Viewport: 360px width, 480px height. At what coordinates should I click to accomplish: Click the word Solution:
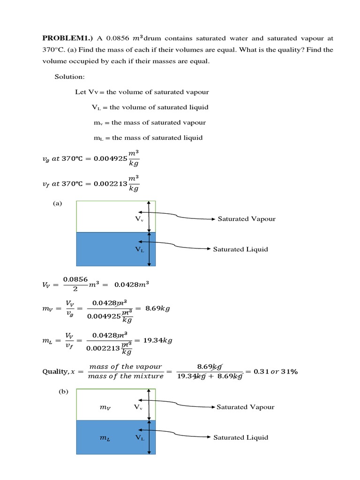(x=70, y=77)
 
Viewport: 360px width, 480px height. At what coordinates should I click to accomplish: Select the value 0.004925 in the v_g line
(x=111, y=158)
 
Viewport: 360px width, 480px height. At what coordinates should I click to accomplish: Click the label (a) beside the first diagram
(x=58, y=203)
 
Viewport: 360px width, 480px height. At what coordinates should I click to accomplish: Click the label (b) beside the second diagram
(x=63, y=392)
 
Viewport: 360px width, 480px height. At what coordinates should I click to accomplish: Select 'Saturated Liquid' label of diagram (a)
(x=240, y=249)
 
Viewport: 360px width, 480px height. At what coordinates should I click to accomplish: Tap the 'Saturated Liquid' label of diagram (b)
(x=241, y=437)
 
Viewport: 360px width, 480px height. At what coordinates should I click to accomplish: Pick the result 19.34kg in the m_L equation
(x=157, y=340)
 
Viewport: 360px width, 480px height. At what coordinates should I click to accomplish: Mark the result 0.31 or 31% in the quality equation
(x=276, y=371)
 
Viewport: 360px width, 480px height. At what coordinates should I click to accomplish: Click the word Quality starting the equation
(x=55, y=372)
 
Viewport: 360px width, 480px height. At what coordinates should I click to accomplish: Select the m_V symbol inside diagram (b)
(x=105, y=408)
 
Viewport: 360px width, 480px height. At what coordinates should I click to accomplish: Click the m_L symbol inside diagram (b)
(x=105, y=438)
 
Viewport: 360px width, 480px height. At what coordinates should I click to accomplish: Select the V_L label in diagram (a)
(x=139, y=250)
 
